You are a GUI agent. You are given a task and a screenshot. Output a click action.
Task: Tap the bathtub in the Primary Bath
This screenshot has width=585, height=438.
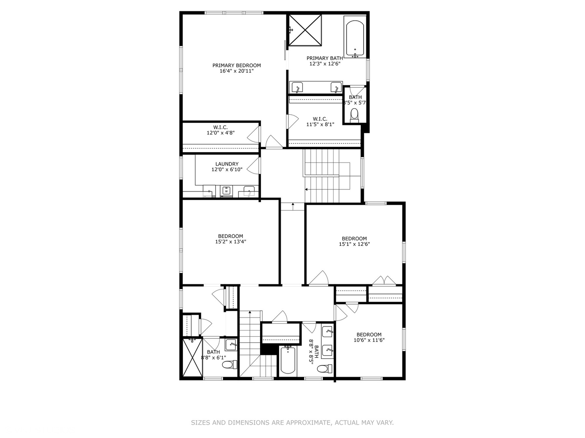(355, 39)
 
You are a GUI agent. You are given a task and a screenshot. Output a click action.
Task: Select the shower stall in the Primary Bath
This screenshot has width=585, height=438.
(305, 30)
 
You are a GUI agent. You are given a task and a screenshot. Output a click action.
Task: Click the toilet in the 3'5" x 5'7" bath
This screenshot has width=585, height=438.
(355, 115)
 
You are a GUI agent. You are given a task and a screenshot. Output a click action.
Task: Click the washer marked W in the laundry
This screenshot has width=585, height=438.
(226, 191)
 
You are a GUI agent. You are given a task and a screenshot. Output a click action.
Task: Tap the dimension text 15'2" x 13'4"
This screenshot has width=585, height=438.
(230, 242)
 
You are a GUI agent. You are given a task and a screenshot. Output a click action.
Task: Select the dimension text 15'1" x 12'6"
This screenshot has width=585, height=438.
(354, 244)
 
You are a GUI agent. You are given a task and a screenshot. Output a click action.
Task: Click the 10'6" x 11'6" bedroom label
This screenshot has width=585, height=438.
(369, 337)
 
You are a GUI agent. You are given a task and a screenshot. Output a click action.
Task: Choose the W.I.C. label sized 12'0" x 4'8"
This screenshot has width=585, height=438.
(221, 130)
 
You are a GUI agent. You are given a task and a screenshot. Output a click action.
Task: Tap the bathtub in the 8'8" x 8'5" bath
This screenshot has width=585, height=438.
(289, 360)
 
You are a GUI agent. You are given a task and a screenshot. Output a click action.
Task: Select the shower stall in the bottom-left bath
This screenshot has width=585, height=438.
(192, 358)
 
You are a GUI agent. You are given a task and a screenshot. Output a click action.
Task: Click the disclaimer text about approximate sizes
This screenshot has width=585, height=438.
(292, 423)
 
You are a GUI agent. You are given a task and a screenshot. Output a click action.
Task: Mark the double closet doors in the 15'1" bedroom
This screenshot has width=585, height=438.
(384, 281)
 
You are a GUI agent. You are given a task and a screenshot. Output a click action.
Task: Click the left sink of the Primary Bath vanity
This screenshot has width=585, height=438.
(297, 87)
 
